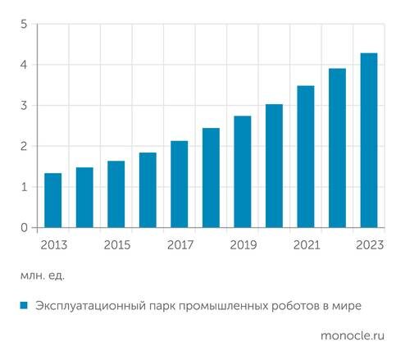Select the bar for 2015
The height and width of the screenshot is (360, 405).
116,194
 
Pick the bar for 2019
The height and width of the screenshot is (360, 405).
243,171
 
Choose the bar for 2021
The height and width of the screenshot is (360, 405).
306,156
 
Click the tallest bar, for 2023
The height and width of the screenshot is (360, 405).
369,140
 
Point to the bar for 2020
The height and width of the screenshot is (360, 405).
274,166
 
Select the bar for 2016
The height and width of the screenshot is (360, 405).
148,189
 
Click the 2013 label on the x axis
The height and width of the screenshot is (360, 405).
52,244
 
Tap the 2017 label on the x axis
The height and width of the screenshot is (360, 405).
180,244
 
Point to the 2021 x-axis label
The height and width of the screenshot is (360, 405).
306,244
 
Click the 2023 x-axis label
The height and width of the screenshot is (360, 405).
369,244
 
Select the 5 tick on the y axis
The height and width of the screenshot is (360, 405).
25,25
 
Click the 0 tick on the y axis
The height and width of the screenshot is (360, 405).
25,227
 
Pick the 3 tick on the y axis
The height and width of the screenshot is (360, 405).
25,106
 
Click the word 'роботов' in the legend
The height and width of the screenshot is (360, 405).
285,305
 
